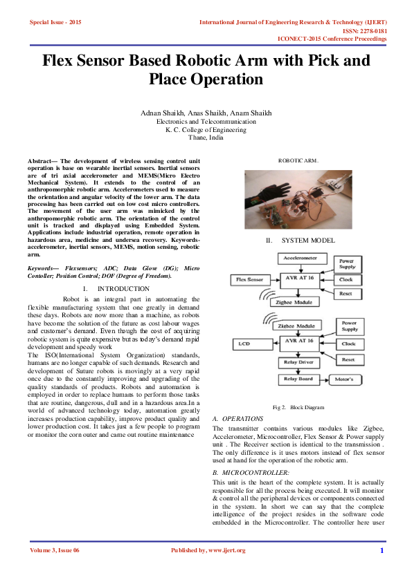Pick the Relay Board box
tap(297, 379)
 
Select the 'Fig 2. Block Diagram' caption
tap(298, 408)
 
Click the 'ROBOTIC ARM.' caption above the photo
tap(298, 160)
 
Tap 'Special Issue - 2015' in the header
tap(55, 23)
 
